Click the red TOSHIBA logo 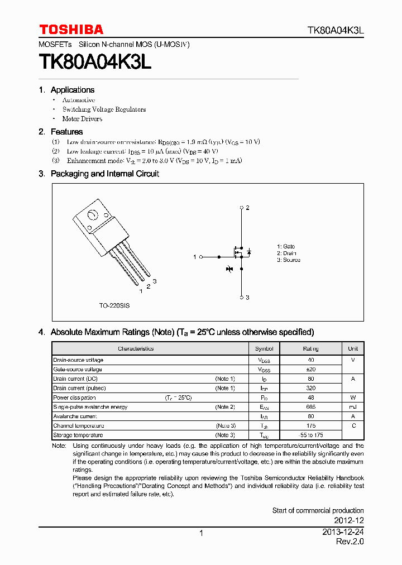pyautogui.click(x=71, y=30)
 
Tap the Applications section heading pyautogui.click(x=72, y=90)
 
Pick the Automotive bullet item pyautogui.click(x=78, y=100)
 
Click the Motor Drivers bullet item pyautogui.click(x=82, y=119)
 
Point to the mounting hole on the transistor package pyautogui.click(x=93, y=214)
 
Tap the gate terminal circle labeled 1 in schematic pyautogui.click(x=201, y=257)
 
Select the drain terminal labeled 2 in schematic pyautogui.click(x=241, y=208)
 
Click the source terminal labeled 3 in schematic pyautogui.click(x=241, y=298)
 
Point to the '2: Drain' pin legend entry pyautogui.click(x=286, y=253)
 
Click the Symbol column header pyautogui.click(x=264, y=348)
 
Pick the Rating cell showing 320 pyautogui.click(x=311, y=388)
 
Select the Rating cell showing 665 pyautogui.click(x=311, y=407)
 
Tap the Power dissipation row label pyautogui.click(x=75, y=398)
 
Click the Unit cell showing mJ pyautogui.click(x=353, y=407)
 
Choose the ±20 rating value pyautogui.click(x=311, y=369)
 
